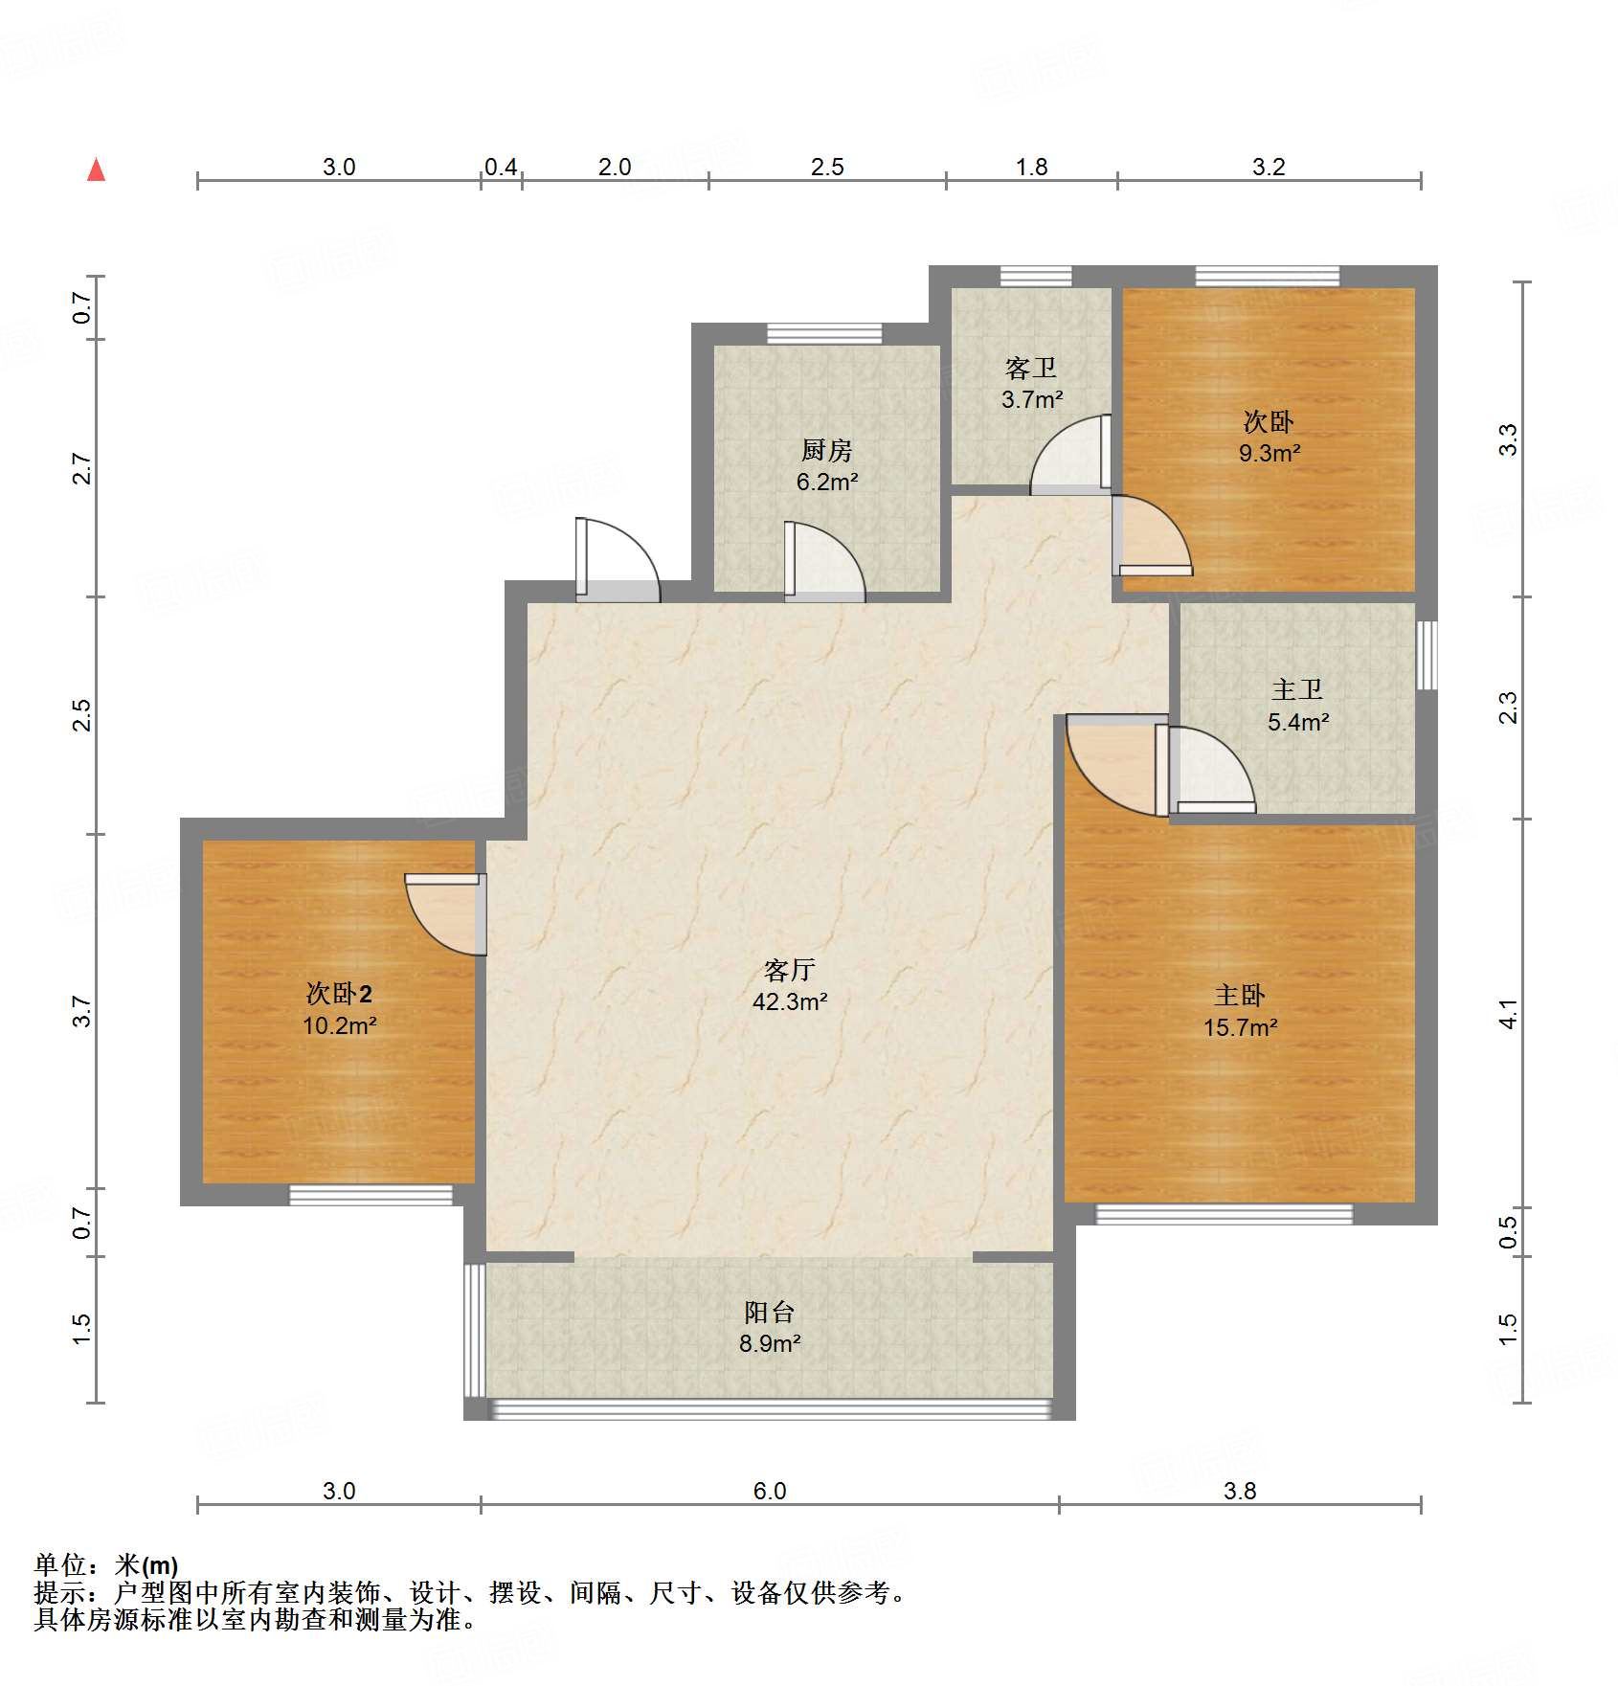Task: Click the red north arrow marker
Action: pyautogui.click(x=97, y=169)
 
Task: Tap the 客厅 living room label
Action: pyautogui.click(x=790, y=971)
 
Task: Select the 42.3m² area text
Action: pyautogui.click(x=790, y=1002)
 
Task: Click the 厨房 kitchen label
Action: pyautogui.click(x=827, y=450)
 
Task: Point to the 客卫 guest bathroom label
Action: pyautogui.click(x=1031, y=369)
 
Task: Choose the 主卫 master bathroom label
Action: pyautogui.click(x=1297, y=690)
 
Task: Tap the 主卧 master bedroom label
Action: pyautogui.click(x=1240, y=997)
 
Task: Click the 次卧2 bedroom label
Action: pyautogui.click(x=339, y=994)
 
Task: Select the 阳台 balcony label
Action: pyautogui.click(x=770, y=1313)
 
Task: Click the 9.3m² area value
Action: pyautogui.click(x=1270, y=454)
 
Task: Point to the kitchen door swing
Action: pyautogui.click(x=824, y=562)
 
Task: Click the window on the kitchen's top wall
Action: pyautogui.click(x=824, y=334)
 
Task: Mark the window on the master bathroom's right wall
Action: pyautogui.click(x=1427, y=655)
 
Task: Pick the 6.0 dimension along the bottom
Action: pyautogui.click(x=770, y=1491)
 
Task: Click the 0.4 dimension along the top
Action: pyautogui.click(x=501, y=168)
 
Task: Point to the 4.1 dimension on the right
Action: pyautogui.click(x=1508, y=1014)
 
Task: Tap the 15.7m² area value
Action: pyautogui.click(x=1241, y=1028)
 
